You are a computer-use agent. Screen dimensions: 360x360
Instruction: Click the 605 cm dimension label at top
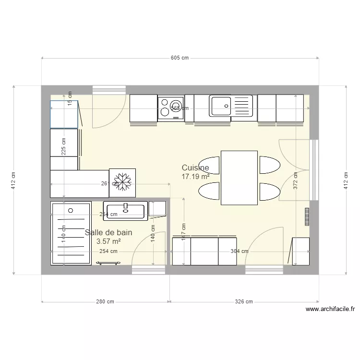180,58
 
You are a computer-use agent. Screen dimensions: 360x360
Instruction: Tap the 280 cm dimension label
105,302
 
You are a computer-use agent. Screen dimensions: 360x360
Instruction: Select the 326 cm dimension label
243,302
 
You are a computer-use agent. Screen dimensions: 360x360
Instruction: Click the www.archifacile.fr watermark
330,310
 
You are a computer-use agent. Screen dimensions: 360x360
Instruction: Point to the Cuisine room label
195,168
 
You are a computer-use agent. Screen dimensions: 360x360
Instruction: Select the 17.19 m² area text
195,177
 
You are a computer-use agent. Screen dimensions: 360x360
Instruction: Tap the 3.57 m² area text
108,242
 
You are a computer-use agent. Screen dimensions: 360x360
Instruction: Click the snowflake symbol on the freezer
122,182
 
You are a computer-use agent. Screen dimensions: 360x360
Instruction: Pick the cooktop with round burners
170,108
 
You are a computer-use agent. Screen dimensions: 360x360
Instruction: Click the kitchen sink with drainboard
230,106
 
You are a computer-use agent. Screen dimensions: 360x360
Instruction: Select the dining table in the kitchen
239,178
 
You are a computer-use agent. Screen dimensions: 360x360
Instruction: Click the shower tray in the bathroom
71,233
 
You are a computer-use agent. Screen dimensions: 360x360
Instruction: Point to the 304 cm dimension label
240,251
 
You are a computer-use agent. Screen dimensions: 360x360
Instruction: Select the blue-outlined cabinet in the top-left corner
64,114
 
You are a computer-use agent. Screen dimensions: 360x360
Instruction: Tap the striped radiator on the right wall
307,216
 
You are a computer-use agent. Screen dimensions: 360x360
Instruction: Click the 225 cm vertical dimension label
63,147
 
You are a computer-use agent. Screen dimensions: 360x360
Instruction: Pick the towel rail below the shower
108,263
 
